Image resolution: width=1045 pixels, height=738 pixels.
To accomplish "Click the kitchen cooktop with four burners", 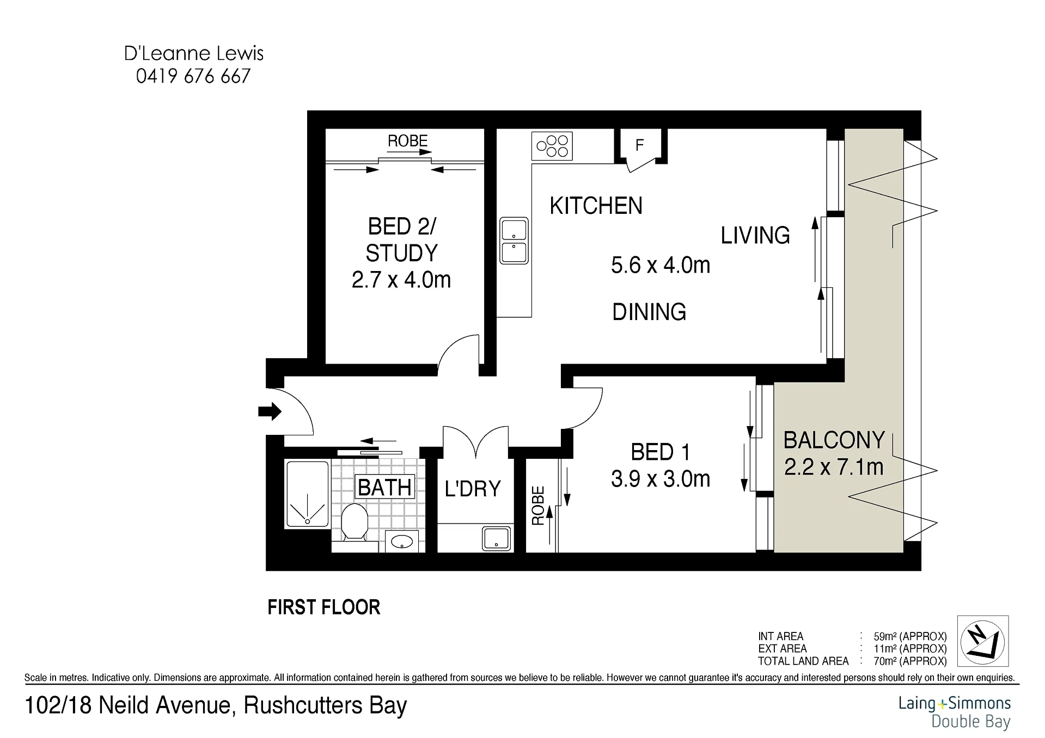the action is pyautogui.click(x=552, y=145).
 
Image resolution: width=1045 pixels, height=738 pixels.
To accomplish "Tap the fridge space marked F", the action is pyautogui.click(x=640, y=145).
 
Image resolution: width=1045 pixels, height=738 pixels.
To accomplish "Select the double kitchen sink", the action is pyautogui.click(x=514, y=241).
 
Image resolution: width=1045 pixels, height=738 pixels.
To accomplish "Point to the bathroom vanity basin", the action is pyautogui.click(x=402, y=541).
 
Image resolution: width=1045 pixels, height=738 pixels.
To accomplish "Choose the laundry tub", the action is pyautogui.click(x=497, y=538).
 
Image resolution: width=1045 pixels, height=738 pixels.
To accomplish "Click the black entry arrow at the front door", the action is pyautogui.click(x=270, y=411).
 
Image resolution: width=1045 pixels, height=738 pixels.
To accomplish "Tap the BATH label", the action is pyautogui.click(x=385, y=487).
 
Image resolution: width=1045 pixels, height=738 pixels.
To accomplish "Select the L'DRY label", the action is pyautogui.click(x=473, y=489).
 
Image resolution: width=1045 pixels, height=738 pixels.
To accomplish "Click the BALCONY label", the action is pyautogui.click(x=834, y=440).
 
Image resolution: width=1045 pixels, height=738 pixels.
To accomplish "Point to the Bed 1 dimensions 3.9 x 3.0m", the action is pyautogui.click(x=661, y=479).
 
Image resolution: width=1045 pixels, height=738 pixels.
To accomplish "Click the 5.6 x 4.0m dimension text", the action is pyautogui.click(x=661, y=265).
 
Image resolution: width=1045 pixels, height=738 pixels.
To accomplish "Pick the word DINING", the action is pyautogui.click(x=649, y=312).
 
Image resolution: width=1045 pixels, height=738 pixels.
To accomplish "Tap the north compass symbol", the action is pyautogui.click(x=983, y=641).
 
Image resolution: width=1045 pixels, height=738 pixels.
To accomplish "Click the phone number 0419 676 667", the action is pyautogui.click(x=193, y=76).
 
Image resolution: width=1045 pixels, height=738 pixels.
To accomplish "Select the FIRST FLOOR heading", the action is pyautogui.click(x=324, y=607).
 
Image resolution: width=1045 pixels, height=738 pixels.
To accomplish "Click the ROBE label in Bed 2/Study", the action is pyautogui.click(x=407, y=141).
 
